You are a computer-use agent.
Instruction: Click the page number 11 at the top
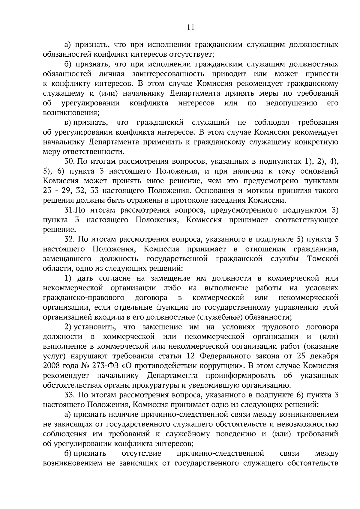[x=190, y=28]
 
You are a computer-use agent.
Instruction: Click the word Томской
[x=323, y=259]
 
